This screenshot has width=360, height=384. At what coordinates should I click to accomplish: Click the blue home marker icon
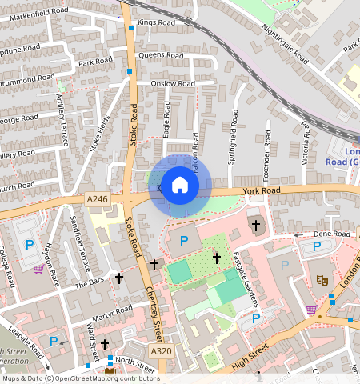point(180,186)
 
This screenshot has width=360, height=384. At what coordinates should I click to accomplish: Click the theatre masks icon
point(323,281)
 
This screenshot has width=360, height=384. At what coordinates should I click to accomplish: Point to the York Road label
point(262,191)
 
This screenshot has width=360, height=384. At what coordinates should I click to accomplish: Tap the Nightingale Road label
point(284,42)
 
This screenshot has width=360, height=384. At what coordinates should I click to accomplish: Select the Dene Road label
point(331,234)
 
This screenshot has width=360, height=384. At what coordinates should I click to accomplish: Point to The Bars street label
point(90,283)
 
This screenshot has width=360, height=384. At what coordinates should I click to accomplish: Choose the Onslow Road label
point(174,83)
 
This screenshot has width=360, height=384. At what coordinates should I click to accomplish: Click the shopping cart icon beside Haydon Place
point(38,269)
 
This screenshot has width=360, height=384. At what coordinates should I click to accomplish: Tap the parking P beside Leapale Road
point(54,342)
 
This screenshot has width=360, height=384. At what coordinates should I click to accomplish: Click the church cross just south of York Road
point(256,226)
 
